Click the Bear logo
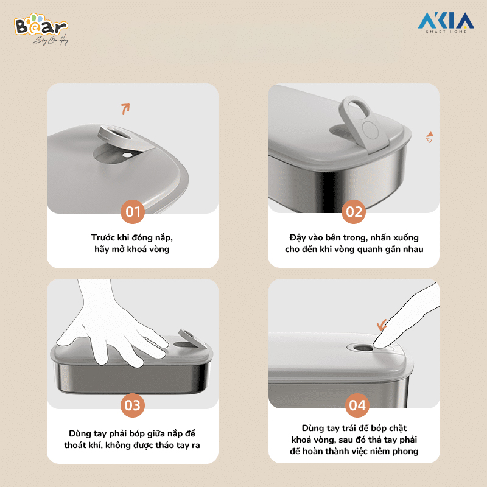(41, 29)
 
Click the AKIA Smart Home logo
(446, 23)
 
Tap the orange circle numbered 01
(133, 212)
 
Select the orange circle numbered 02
(354, 212)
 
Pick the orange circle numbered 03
(133, 405)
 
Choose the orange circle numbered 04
(357, 405)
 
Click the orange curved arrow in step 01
(125, 109)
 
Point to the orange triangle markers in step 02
(430, 138)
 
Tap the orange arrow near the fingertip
(382, 325)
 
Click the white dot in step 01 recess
(127, 155)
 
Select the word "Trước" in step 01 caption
(103, 237)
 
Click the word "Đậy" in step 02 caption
(298, 237)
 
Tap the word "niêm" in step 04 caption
(379, 451)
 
